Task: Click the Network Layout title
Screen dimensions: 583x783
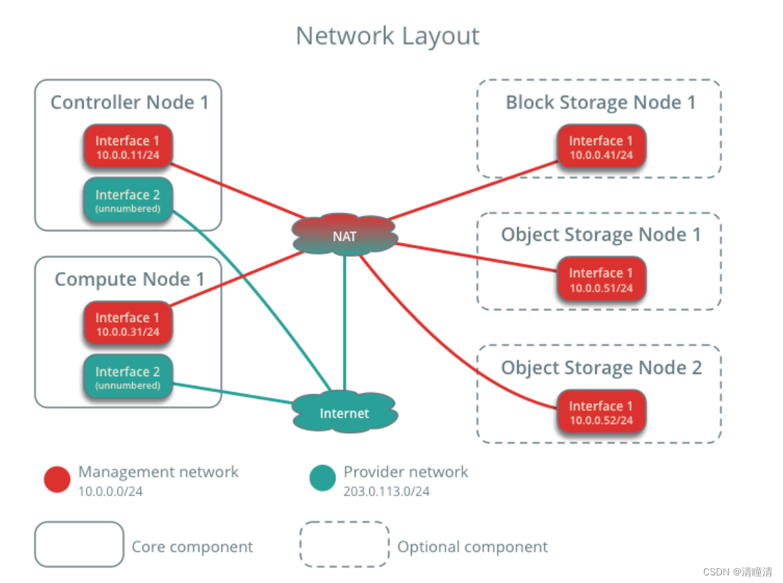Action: [387, 35]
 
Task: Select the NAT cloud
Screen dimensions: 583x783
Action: [345, 236]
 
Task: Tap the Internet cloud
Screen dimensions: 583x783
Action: [345, 413]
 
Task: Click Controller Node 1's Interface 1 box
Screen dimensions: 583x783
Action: [127, 147]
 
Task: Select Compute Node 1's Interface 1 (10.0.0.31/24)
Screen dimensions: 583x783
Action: [127, 324]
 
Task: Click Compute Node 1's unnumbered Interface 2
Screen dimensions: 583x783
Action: [127, 378]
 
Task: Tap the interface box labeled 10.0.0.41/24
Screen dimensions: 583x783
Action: [601, 147]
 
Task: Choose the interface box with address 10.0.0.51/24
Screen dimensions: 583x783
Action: [601, 280]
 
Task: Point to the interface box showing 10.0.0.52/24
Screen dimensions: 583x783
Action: [601, 412]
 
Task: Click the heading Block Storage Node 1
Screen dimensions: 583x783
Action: [600, 103]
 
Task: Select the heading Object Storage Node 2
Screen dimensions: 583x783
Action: [601, 368]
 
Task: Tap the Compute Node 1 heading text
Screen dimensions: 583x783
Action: [129, 280]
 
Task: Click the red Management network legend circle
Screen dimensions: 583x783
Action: [57, 479]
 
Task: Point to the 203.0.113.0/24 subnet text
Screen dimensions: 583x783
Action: [386, 492]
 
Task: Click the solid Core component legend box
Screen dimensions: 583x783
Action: [79, 544]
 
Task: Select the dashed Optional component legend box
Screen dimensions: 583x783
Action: [344, 544]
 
